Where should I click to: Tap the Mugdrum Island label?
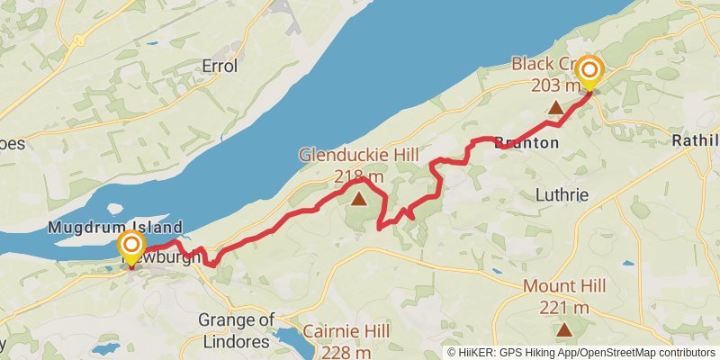115,227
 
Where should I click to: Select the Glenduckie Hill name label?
359,156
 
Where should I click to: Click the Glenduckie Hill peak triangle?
360,198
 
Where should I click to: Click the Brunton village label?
526,143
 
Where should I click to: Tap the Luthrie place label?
562,194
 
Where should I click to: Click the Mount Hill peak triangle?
564,329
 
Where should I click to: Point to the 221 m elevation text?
564,308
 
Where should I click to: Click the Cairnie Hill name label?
346,332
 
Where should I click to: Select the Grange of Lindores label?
235,330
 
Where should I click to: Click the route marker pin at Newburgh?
130,247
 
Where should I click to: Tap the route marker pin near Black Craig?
590,72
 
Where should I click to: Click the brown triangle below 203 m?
555,109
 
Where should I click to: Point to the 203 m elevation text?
555,85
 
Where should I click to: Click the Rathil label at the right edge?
696,140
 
